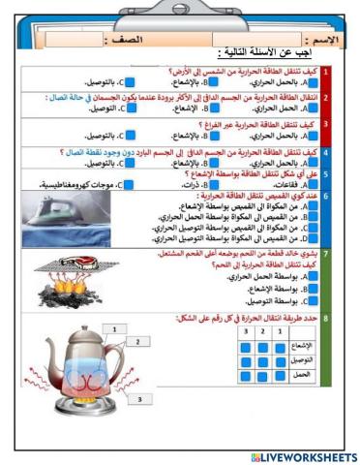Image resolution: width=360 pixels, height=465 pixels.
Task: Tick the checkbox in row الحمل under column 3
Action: (246, 375)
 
